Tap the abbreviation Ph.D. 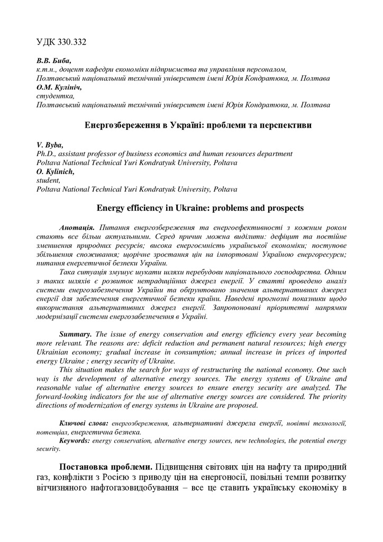[x=46, y=153]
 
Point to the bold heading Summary [x=76, y=335]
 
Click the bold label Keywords [x=75, y=440]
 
